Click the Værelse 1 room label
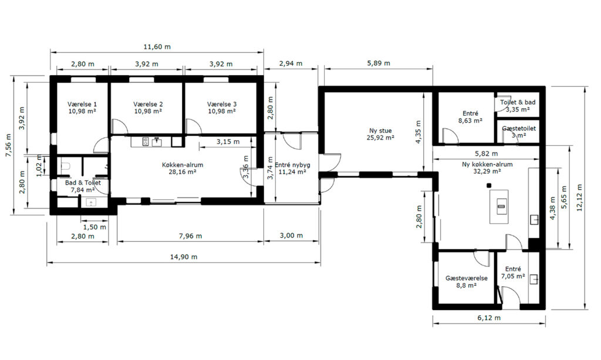point(82,107)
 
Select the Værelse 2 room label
point(148,107)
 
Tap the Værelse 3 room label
point(222,107)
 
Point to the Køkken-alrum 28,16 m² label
point(183,169)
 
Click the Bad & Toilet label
point(83,186)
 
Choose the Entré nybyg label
point(292,169)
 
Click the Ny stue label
point(380,134)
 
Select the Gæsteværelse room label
point(467,281)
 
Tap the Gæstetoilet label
point(519,132)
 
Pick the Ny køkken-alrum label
point(487,167)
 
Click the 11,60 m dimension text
point(157,47)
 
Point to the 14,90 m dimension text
point(184,257)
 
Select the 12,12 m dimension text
point(579,197)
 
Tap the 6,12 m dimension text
point(489,318)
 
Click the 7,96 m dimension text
point(190,235)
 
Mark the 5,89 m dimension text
point(379,63)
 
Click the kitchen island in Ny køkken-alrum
point(499,207)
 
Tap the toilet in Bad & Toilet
point(66,167)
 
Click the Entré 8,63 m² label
point(470,117)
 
